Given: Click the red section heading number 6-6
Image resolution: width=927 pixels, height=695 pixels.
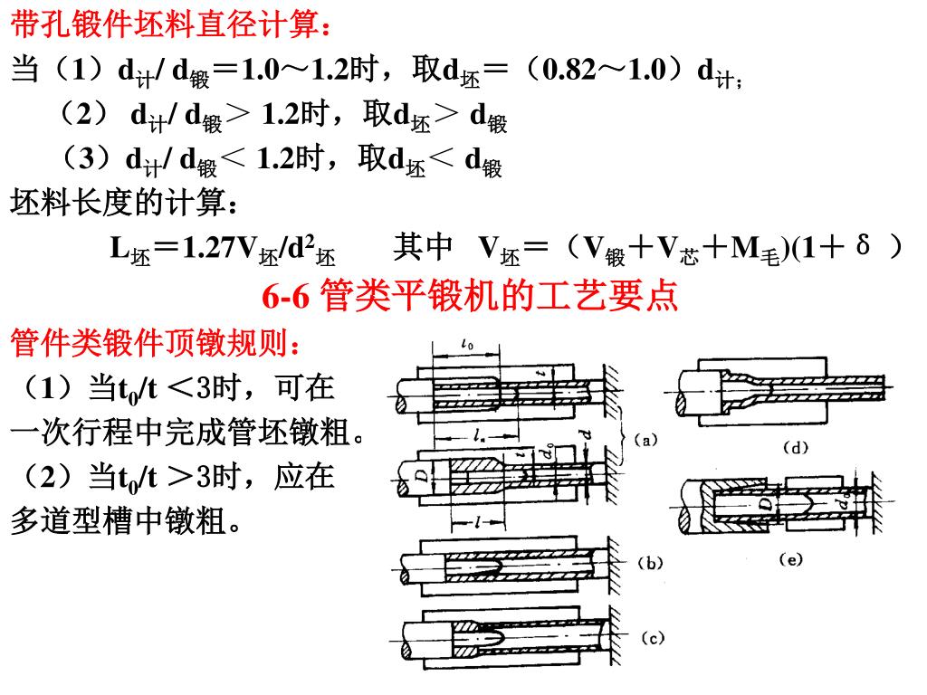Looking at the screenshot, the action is point(288,296).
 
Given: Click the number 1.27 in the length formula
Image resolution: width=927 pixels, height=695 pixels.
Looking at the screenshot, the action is point(209,248).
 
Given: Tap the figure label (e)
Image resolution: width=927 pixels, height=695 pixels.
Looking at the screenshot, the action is point(791,560).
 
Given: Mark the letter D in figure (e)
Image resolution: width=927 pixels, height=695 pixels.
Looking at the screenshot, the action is point(766,500).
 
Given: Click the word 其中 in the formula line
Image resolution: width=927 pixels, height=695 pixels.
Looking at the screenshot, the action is point(423,246).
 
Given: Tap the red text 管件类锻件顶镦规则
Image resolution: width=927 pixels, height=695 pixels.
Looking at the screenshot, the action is point(154,345).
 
